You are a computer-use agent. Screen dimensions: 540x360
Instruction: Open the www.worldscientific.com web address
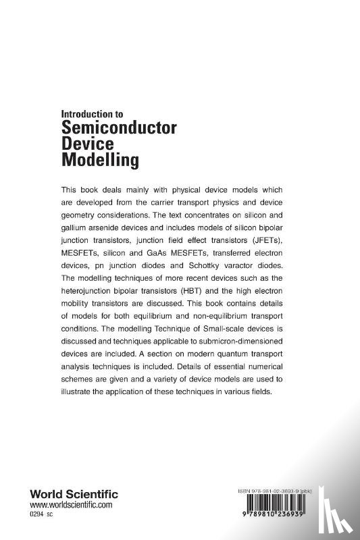coord(71,505)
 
